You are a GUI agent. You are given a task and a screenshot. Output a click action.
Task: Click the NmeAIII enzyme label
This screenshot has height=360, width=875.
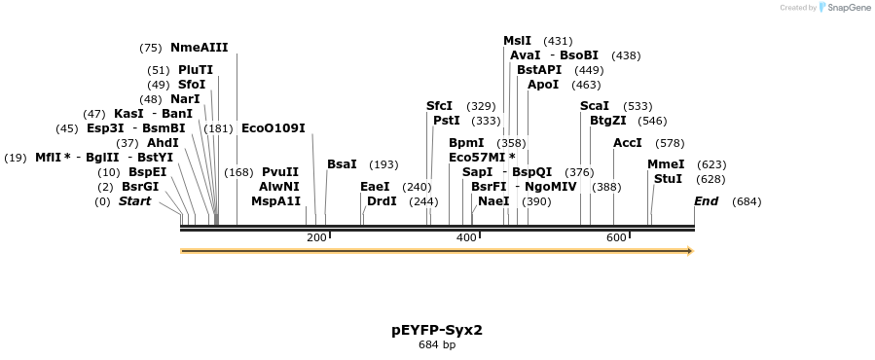(x=199, y=48)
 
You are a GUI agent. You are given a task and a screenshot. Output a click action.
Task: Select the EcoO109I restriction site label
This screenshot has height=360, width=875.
(x=273, y=127)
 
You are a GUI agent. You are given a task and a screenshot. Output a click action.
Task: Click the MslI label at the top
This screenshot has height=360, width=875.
(x=517, y=41)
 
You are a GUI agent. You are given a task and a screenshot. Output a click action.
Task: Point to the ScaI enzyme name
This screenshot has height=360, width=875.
(x=595, y=105)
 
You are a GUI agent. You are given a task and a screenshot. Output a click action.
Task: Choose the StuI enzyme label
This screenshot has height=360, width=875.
(x=668, y=179)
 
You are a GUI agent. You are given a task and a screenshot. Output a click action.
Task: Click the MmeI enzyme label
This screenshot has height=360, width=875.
(x=666, y=164)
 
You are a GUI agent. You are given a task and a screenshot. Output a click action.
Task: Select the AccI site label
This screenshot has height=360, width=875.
(x=628, y=143)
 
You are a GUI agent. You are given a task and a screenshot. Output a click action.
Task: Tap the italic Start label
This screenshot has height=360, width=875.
(x=134, y=201)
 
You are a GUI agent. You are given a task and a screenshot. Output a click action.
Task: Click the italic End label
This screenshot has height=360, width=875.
(x=706, y=201)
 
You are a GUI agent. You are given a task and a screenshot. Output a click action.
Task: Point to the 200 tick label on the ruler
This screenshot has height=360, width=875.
(x=316, y=238)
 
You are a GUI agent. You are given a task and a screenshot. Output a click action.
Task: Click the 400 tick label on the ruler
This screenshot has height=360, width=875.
(x=466, y=238)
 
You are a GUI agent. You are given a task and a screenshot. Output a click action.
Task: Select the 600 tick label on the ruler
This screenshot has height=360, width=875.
(x=616, y=238)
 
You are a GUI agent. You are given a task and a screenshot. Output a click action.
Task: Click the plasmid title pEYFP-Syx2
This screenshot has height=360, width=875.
(x=437, y=330)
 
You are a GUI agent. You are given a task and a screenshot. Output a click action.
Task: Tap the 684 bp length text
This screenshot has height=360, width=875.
(x=437, y=344)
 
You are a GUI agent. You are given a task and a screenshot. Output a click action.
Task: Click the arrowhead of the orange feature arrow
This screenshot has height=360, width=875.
(x=689, y=251)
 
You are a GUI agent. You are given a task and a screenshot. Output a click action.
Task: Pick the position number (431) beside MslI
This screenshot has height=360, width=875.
(x=558, y=41)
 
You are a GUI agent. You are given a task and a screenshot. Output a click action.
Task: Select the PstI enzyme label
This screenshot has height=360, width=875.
(x=446, y=121)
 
